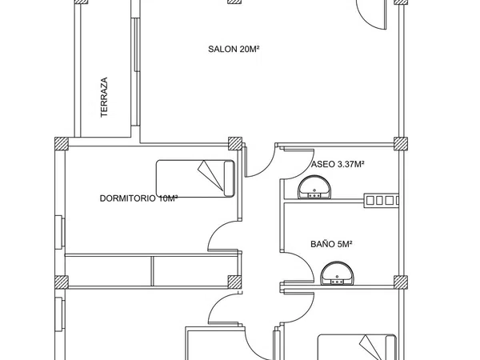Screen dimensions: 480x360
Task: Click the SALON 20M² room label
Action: tap(234, 49)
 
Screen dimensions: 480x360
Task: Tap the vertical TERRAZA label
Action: tap(104, 97)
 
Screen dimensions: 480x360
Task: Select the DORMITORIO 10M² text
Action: tap(138, 198)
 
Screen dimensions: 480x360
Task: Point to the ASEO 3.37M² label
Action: tap(338, 164)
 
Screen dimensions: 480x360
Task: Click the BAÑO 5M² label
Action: tap(331, 244)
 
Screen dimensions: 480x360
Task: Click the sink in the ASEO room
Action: tap(314, 187)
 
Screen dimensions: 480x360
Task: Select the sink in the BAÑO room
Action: tap(337, 274)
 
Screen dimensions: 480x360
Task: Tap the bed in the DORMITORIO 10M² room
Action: tap(195, 178)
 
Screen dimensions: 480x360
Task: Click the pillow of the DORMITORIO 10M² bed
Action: tap(229, 178)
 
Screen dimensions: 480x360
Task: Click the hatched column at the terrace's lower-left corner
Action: tap(62, 143)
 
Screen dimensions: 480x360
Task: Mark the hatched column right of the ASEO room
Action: tap(401, 143)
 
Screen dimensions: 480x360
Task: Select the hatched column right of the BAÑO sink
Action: tap(401, 282)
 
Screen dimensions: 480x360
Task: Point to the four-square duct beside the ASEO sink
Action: tap(382, 201)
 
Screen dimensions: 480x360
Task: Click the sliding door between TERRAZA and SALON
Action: tap(136, 72)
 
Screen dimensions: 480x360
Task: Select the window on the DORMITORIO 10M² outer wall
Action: tap(59, 232)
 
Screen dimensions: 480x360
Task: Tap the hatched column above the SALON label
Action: tap(234, 2)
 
